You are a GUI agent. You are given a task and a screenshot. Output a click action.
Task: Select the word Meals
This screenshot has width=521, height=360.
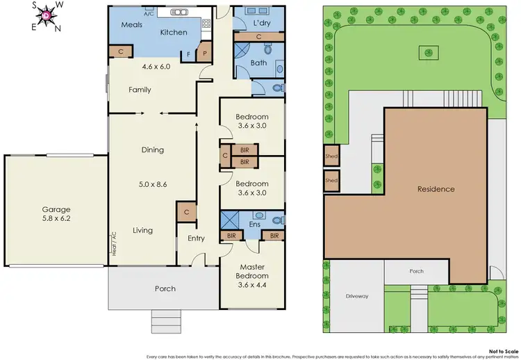click(132, 24)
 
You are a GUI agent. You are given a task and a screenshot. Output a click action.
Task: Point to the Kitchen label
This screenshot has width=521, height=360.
click(174, 33)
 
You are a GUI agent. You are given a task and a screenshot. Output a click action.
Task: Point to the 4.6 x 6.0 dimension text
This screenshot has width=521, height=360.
click(154, 67)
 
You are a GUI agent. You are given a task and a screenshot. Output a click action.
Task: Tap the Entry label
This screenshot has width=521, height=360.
click(197, 238)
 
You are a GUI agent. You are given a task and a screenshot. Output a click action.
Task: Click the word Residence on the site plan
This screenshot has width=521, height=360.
click(436, 189)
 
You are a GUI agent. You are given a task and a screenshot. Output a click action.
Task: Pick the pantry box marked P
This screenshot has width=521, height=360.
click(205, 53)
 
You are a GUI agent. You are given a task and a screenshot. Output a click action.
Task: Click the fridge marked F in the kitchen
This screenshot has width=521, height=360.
click(188, 54)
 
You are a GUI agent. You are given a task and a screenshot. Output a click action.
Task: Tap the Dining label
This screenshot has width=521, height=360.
click(153, 149)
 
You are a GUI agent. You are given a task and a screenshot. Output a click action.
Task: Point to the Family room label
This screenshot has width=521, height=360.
click(139, 90)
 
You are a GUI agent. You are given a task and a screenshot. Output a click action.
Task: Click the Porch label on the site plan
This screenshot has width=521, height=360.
click(416, 271)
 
